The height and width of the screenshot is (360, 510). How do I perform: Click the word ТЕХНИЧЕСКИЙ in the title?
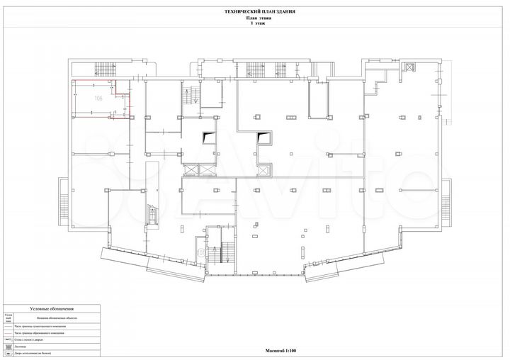(x=236, y=13)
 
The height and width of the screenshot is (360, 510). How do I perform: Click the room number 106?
(x=98, y=99)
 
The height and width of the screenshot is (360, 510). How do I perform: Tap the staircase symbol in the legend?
(x=7, y=347)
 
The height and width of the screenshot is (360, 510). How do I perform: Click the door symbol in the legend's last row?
(x=7, y=354)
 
